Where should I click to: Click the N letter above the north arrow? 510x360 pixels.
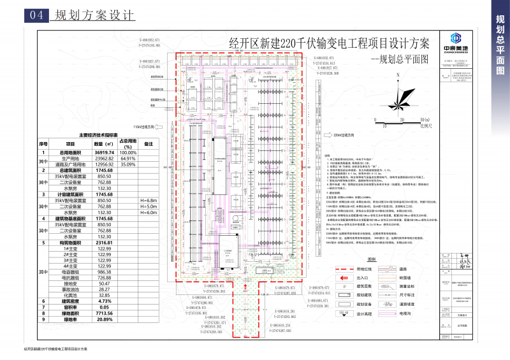coord(397,76)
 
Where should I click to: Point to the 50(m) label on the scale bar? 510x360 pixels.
coord(424,120)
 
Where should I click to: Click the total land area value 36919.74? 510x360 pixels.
coord(104,153)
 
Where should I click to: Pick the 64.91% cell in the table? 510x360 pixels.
coord(128,159)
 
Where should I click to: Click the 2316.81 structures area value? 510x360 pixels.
coord(104,242)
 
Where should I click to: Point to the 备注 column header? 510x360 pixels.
coord(149,145)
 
